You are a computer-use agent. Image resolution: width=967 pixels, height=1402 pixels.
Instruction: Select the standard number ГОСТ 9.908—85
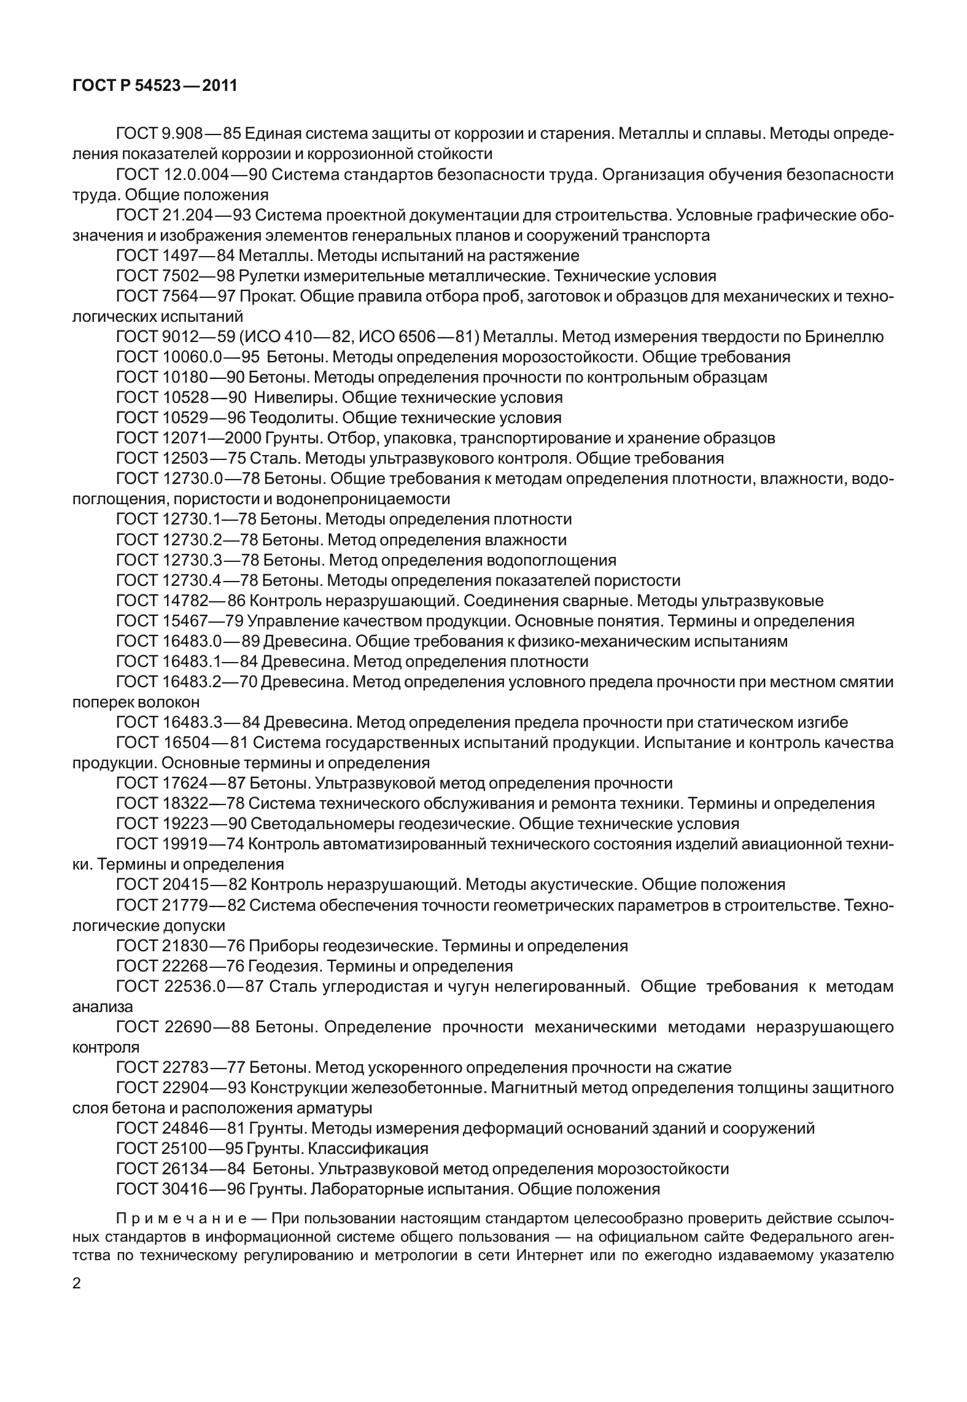click(176, 134)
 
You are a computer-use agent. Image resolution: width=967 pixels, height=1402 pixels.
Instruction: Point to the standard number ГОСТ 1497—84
click(174, 255)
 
